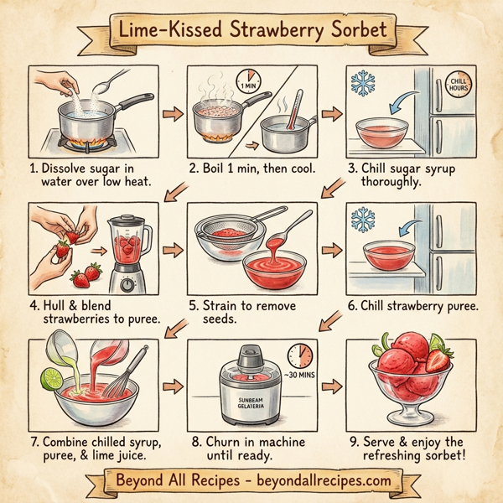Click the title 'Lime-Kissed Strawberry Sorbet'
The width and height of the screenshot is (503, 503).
[251, 30]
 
